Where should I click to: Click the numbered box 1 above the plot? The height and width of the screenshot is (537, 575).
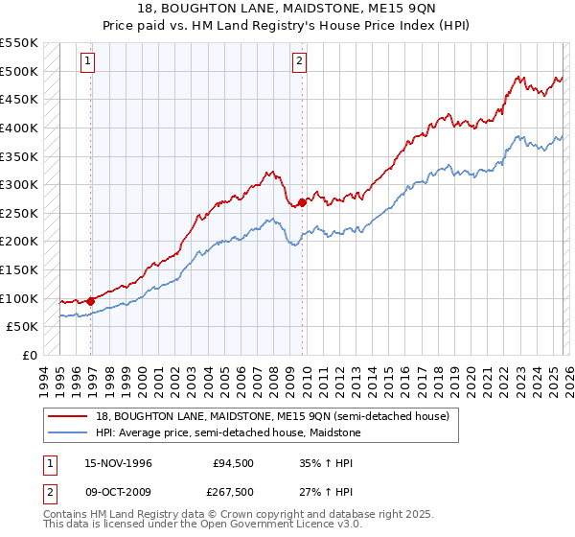87,61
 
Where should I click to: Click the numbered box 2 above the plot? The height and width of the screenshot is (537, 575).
299,61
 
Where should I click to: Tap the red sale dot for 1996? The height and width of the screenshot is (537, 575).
91,300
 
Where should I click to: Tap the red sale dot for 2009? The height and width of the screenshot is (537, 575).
302,202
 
